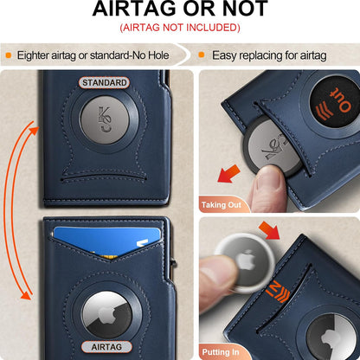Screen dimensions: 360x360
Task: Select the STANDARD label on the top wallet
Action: coord(104,83)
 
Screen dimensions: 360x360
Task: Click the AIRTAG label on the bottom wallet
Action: coord(105,346)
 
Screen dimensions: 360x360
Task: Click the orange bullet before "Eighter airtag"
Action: coord(9,55)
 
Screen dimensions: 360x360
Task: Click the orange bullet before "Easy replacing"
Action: coord(202,55)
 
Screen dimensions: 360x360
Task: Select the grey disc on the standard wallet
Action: coord(104,120)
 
